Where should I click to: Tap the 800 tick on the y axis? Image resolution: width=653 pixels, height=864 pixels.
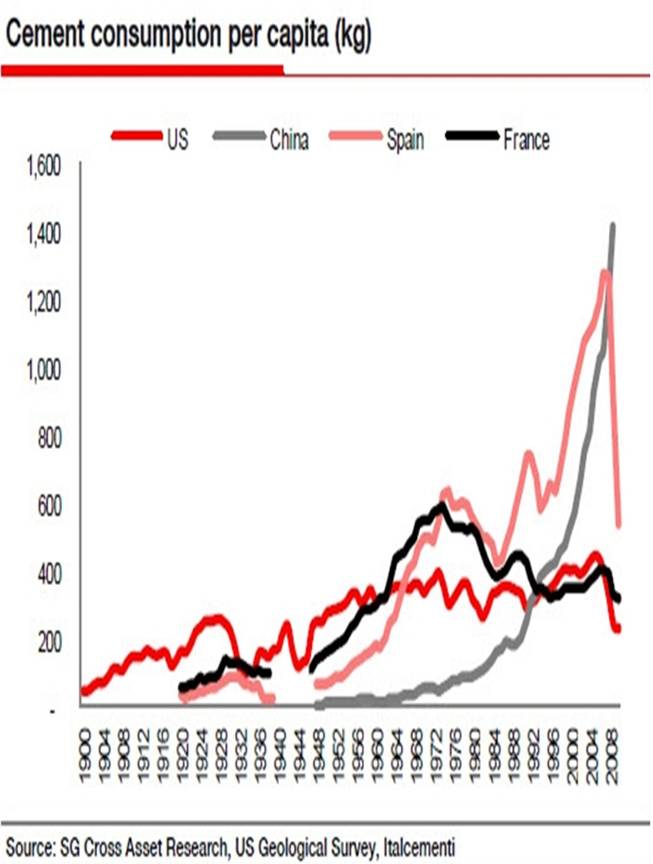coord(47,438)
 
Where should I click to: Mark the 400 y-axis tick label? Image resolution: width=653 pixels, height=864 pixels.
coord(47,574)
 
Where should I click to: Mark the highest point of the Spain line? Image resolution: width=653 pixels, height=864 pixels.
coord(604,271)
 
